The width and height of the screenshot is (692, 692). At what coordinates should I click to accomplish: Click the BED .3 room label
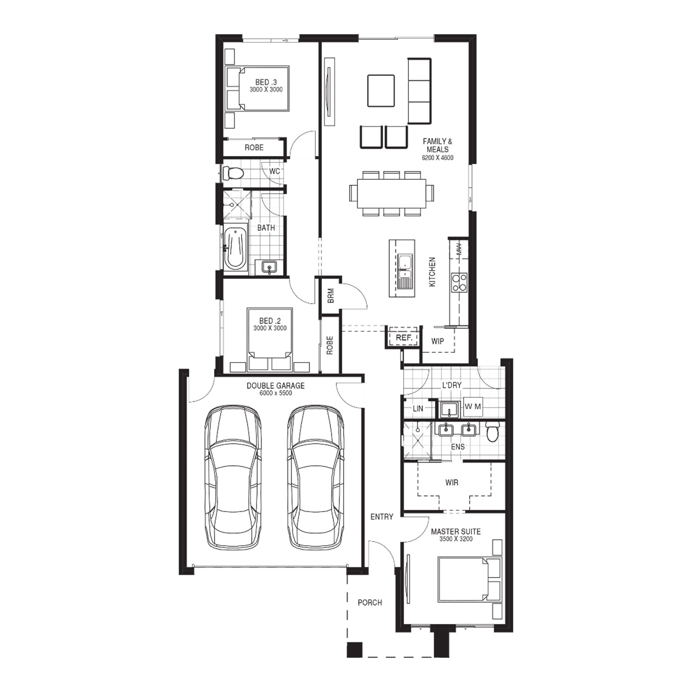click(x=266, y=82)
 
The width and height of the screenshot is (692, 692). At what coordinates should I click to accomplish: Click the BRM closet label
click(x=331, y=296)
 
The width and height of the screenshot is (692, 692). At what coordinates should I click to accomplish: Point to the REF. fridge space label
click(x=404, y=338)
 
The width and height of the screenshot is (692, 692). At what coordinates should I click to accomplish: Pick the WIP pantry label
click(x=437, y=341)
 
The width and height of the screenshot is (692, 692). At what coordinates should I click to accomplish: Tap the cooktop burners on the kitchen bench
click(x=459, y=282)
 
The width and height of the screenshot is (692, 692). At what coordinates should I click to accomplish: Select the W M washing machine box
click(x=473, y=406)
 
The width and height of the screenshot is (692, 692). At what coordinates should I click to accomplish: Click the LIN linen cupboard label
click(x=418, y=408)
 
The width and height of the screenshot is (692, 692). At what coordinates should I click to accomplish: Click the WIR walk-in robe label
click(x=452, y=482)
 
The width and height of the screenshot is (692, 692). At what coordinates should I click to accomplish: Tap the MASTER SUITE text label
click(x=456, y=531)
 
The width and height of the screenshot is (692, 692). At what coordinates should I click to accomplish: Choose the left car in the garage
click(x=233, y=477)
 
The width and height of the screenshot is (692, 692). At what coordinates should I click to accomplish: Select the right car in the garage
click(x=316, y=477)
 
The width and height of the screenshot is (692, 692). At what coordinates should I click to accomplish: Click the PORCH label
click(x=370, y=603)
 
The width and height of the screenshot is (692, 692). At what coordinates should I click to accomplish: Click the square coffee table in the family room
click(x=381, y=90)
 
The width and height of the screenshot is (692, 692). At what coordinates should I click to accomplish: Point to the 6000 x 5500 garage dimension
click(x=275, y=393)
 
